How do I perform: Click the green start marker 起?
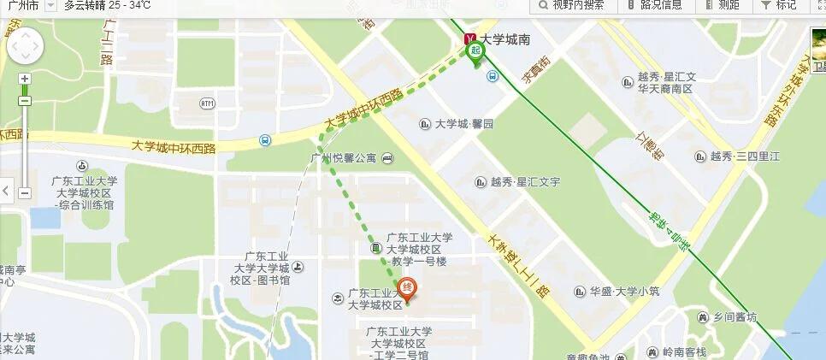(x=475, y=52)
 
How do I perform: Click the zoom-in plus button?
(x=25, y=79)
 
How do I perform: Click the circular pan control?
(x=25, y=47)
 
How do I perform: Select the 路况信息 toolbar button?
(x=654, y=5)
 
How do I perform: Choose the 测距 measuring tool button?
(x=723, y=5)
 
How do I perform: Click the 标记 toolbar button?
(x=780, y=5)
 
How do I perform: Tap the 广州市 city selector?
(x=21, y=5)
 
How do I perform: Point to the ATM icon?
(x=207, y=103)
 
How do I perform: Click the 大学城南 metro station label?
(x=504, y=39)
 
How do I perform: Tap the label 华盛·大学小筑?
(x=625, y=291)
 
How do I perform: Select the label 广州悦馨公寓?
(x=343, y=157)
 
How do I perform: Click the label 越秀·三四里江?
(x=745, y=156)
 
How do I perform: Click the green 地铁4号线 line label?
(x=670, y=230)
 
